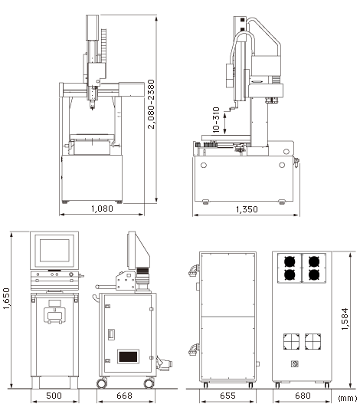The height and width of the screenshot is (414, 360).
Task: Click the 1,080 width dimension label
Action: point(102,209)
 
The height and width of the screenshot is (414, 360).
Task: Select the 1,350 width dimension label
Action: point(247,209)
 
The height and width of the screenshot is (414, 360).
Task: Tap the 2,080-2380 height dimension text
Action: point(151,104)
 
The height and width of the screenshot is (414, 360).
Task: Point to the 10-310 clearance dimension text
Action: point(216,120)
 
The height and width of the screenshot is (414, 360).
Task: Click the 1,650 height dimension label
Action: point(6,298)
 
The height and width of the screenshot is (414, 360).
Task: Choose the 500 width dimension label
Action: point(54,396)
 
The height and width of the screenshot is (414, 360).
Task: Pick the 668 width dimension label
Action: point(124,396)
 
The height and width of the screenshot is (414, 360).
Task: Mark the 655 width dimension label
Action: point(227,396)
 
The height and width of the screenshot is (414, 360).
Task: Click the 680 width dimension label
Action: point(303,396)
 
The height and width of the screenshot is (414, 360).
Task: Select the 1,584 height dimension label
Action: point(345,319)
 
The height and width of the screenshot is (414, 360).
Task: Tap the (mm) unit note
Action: point(348,398)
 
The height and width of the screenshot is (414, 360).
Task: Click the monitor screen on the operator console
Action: point(54,250)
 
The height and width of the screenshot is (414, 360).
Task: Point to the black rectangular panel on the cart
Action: point(128,356)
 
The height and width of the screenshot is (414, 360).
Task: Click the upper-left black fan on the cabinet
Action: point(290,261)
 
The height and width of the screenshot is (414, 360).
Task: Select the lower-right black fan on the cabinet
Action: point(314,274)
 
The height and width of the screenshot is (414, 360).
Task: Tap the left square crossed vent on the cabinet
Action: point(291,341)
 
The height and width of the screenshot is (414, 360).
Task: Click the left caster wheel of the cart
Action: point(102,383)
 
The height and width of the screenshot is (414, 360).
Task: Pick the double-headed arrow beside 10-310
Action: point(224,123)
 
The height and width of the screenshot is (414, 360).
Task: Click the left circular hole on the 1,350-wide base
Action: point(204,166)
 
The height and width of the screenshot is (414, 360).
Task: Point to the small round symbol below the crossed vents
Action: point(295,364)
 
